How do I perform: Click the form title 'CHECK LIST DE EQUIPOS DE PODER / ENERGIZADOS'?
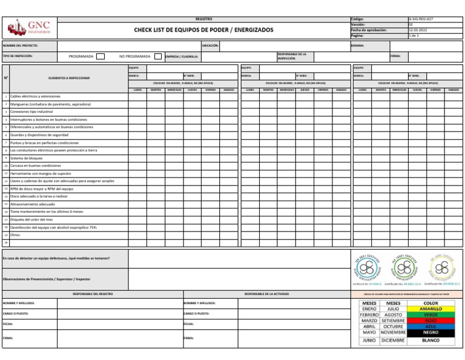point(203,30)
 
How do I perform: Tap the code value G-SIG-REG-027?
point(421,19)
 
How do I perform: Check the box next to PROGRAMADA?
point(101,56)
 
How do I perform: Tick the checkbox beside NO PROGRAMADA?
point(157,56)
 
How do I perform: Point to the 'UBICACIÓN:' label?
point(209,45)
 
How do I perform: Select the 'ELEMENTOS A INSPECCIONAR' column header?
point(68,78)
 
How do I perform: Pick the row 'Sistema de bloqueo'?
point(26,158)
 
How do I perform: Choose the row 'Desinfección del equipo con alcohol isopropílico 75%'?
point(53,227)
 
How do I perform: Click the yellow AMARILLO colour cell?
point(431,308)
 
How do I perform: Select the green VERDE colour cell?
point(431,315)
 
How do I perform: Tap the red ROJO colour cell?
point(431,321)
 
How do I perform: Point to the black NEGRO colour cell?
point(431,333)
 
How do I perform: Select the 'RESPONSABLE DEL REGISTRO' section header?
point(92,293)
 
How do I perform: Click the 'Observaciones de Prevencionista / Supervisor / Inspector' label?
point(47,279)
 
